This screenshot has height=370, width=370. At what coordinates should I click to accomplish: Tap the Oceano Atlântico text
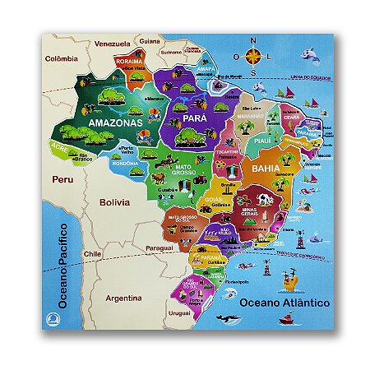tap(284, 303)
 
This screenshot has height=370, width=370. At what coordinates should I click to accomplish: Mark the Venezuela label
tap(113, 44)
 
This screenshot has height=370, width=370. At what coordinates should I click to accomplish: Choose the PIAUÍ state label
tap(262, 141)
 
